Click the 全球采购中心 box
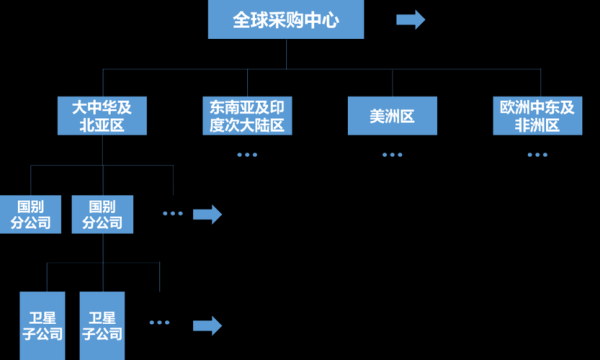[x=286, y=20]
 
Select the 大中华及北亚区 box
[x=101, y=116]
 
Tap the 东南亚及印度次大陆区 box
[x=245, y=116]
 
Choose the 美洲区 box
[x=392, y=116]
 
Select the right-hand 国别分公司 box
[x=101, y=214]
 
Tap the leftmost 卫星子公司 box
[x=43, y=325]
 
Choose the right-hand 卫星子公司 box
[x=101, y=325]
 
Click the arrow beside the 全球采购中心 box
[x=410, y=20]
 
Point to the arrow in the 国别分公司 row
[x=206, y=214]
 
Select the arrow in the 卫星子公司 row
[x=206, y=324]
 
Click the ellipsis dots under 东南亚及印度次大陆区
[x=247, y=154]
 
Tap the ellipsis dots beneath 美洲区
[x=392, y=154]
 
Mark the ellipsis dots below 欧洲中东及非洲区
[x=537, y=154]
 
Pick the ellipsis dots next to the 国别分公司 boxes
[x=172, y=214]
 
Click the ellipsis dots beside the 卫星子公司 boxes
[x=159, y=323]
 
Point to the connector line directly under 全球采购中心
[x=286, y=54]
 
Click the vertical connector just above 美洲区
[x=392, y=82]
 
